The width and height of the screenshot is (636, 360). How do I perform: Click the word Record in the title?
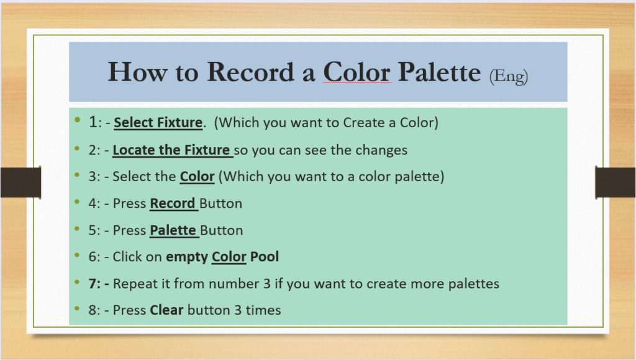click(250, 72)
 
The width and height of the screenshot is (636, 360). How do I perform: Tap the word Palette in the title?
click(439, 72)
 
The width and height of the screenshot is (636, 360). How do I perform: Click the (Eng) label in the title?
click(509, 76)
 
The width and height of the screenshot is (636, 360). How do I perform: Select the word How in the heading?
click(137, 72)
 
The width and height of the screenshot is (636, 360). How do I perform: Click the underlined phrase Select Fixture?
click(158, 122)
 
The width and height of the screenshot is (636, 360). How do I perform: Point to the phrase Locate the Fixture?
click(171, 150)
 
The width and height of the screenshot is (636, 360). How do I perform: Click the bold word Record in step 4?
click(173, 203)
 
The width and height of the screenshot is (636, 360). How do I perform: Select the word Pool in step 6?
click(265, 256)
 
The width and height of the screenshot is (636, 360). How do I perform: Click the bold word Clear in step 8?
click(166, 310)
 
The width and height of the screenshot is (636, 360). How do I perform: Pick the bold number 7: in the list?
click(94, 284)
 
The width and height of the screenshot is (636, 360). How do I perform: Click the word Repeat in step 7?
click(135, 284)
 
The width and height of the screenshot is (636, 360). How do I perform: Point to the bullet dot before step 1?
click(78, 119)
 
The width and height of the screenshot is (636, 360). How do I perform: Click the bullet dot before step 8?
click(78, 308)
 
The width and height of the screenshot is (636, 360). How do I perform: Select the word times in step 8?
click(263, 310)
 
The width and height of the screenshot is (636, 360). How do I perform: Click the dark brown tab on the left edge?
click(20, 182)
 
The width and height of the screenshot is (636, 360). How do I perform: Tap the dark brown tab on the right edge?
click(616, 182)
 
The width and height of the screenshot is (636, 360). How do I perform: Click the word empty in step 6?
click(186, 258)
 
